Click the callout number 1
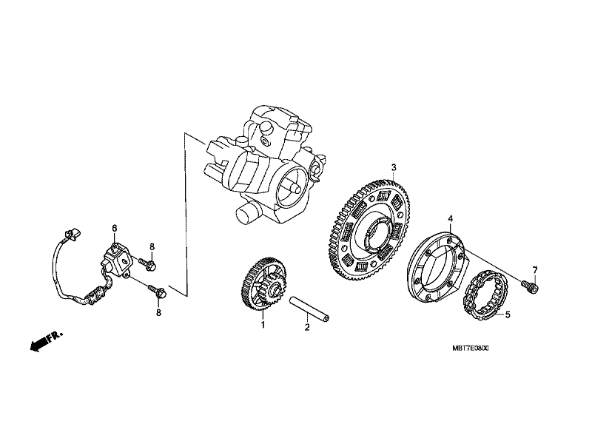tap(263, 324)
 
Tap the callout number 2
tap(307, 327)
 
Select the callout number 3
tap(394, 167)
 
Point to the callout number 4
tap(450, 218)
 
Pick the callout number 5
tap(508, 314)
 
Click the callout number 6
tap(115, 228)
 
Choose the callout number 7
tap(534, 270)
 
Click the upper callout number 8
tap(152, 247)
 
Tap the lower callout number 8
tap(158, 312)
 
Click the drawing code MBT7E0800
tap(470, 348)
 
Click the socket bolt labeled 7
tap(530, 286)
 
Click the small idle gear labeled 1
tap(263, 284)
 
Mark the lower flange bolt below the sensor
tap(157, 291)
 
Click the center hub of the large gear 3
tap(377, 234)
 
